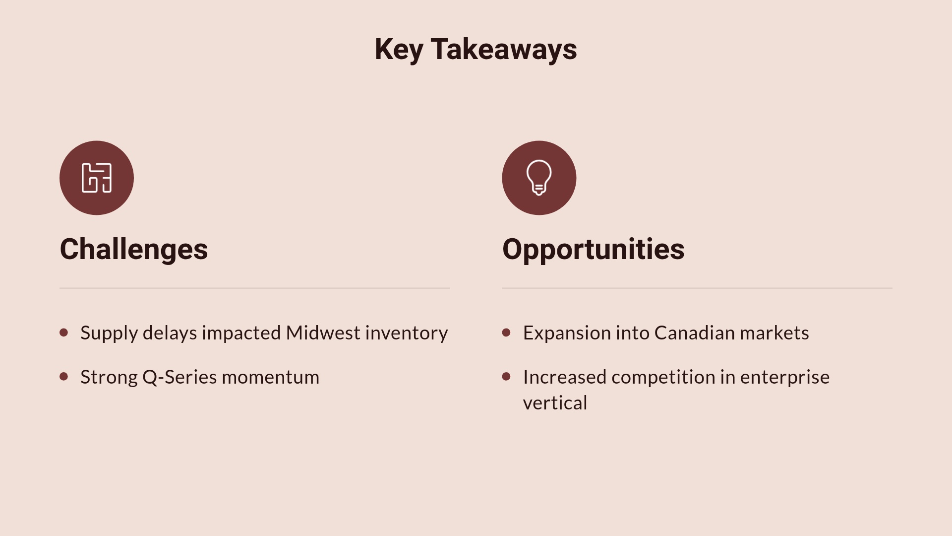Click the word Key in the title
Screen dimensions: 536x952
point(399,50)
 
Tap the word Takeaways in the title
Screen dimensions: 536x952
point(504,50)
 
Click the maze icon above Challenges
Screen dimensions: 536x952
point(97,178)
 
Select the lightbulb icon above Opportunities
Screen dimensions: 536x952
point(539,178)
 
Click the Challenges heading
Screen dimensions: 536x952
point(134,249)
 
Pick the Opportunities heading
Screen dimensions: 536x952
point(593,249)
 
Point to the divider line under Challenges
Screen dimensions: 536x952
point(254,288)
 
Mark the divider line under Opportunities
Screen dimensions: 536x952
point(697,288)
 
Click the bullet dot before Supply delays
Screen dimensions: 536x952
point(63,333)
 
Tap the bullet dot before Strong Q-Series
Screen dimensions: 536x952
point(63,377)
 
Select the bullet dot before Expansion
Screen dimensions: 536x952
point(506,333)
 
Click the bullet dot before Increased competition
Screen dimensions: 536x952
point(506,377)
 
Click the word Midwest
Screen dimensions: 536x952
point(323,333)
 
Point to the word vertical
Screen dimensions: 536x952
point(555,403)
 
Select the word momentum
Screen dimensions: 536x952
point(270,378)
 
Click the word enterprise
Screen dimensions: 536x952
point(784,378)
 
